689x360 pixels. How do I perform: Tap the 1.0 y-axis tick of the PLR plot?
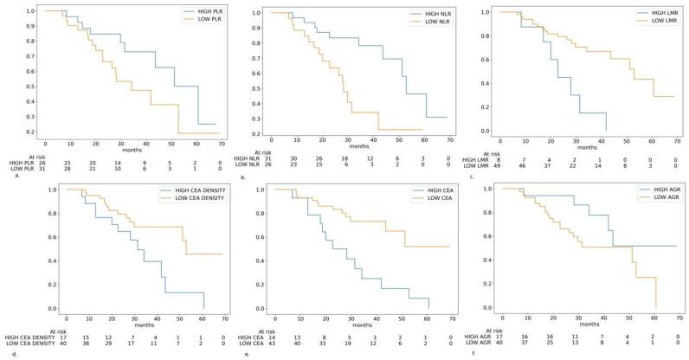[30, 11]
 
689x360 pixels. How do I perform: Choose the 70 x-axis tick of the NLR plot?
[448, 139]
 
